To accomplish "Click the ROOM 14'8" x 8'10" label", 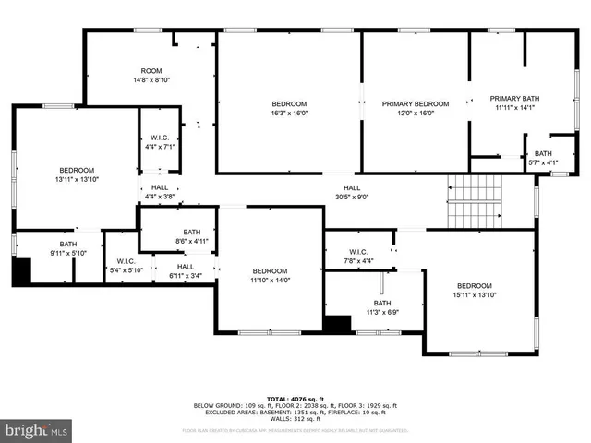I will pyautogui.click(x=151, y=76).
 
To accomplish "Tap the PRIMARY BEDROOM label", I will pyautogui.click(x=416, y=108).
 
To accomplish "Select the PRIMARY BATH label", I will pyautogui.click(x=512, y=102).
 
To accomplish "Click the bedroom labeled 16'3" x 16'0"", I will pyautogui.click(x=289, y=108).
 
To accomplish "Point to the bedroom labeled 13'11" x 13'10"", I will pyautogui.click(x=77, y=174).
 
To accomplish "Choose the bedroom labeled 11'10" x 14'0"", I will pyautogui.click(x=271, y=275).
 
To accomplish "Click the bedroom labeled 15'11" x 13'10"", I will pyautogui.click(x=474, y=290).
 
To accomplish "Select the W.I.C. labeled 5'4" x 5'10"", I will pyautogui.click(x=120, y=266).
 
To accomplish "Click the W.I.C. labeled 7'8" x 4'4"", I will pyautogui.click(x=360, y=257).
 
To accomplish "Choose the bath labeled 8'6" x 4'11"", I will pyautogui.click(x=191, y=236).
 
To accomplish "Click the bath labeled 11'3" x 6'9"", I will pyautogui.click(x=381, y=307).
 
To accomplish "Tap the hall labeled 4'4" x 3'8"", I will pyautogui.click(x=159, y=191).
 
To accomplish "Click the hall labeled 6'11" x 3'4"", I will pyautogui.click(x=186, y=271).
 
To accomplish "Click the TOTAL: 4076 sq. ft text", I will pyautogui.click(x=295, y=398).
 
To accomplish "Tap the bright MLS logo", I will pyautogui.click(x=37, y=430).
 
